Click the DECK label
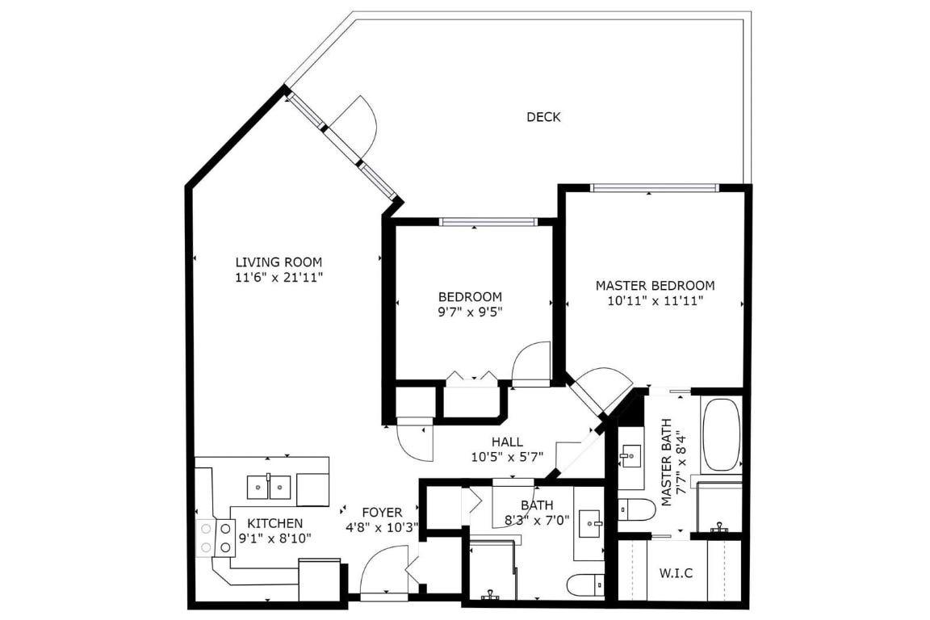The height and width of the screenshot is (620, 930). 543,117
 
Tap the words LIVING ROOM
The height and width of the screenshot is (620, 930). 279,262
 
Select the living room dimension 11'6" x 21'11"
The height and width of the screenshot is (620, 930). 279,277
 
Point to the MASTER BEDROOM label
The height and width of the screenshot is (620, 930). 655,285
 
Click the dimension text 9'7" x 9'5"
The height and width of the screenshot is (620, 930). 470,312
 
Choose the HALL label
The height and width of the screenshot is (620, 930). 507,442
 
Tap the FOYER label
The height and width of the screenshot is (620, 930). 382,512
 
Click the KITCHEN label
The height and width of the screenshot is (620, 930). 274,523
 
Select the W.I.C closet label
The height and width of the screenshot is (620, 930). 677,573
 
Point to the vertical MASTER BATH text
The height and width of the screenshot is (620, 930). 667,463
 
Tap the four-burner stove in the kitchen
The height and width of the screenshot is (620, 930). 215,538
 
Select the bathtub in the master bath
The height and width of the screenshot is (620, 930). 721,434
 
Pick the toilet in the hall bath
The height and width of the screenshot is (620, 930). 584,583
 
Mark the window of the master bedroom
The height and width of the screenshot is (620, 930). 654,188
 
